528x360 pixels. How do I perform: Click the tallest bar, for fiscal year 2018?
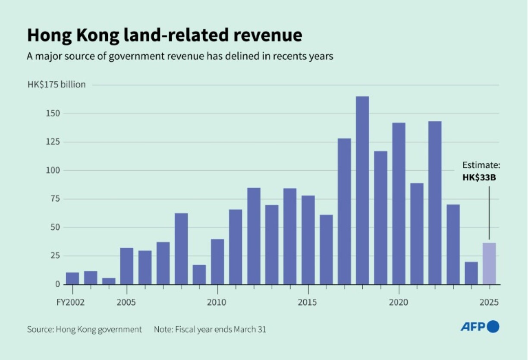(x=362, y=190)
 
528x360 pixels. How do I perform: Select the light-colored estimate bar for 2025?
(x=489, y=263)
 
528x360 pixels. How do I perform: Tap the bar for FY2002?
(x=72, y=278)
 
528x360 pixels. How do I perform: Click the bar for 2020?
(x=399, y=203)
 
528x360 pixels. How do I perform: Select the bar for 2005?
(x=127, y=266)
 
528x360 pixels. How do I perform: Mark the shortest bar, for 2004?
(x=109, y=281)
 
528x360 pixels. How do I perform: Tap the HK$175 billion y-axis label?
(x=57, y=85)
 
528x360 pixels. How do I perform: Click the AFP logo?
(x=479, y=327)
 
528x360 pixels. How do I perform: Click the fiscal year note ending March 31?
(x=210, y=329)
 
